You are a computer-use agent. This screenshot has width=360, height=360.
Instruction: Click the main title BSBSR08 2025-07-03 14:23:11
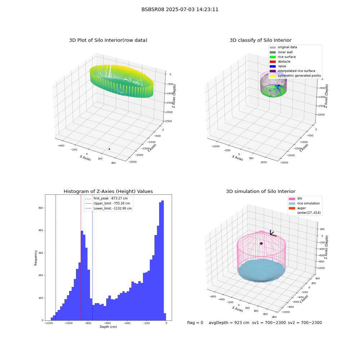click(x=180, y=10)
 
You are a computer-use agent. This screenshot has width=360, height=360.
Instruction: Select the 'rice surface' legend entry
click(x=283, y=57)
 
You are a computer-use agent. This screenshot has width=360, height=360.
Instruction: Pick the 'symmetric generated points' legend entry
click(x=295, y=76)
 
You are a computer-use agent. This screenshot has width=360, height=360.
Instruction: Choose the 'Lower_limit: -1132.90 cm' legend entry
click(x=108, y=208)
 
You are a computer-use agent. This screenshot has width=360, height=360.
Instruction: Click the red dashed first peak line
click(x=81, y=257)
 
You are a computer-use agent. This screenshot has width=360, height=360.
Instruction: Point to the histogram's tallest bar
click(x=163, y=260)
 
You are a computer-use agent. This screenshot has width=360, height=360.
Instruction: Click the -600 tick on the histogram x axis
click(x=107, y=323)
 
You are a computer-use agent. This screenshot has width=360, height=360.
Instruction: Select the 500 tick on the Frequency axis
click(x=41, y=208)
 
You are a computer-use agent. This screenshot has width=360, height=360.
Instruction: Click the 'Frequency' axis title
click(x=36, y=258)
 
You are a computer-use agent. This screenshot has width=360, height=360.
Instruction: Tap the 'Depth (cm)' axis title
click(x=108, y=327)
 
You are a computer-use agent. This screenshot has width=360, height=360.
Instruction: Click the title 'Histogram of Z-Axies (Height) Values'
click(x=108, y=192)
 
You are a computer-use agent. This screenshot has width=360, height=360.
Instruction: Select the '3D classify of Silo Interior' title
click(x=261, y=40)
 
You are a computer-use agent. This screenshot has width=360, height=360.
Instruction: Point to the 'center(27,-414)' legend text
click(x=309, y=213)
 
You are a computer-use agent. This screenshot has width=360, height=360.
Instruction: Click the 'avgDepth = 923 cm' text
click(x=229, y=323)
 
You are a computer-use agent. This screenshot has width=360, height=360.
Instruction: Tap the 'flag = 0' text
click(x=195, y=323)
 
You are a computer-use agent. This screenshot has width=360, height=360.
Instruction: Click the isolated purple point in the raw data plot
click(x=109, y=149)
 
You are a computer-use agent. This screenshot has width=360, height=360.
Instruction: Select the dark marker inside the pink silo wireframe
click(x=261, y=244)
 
